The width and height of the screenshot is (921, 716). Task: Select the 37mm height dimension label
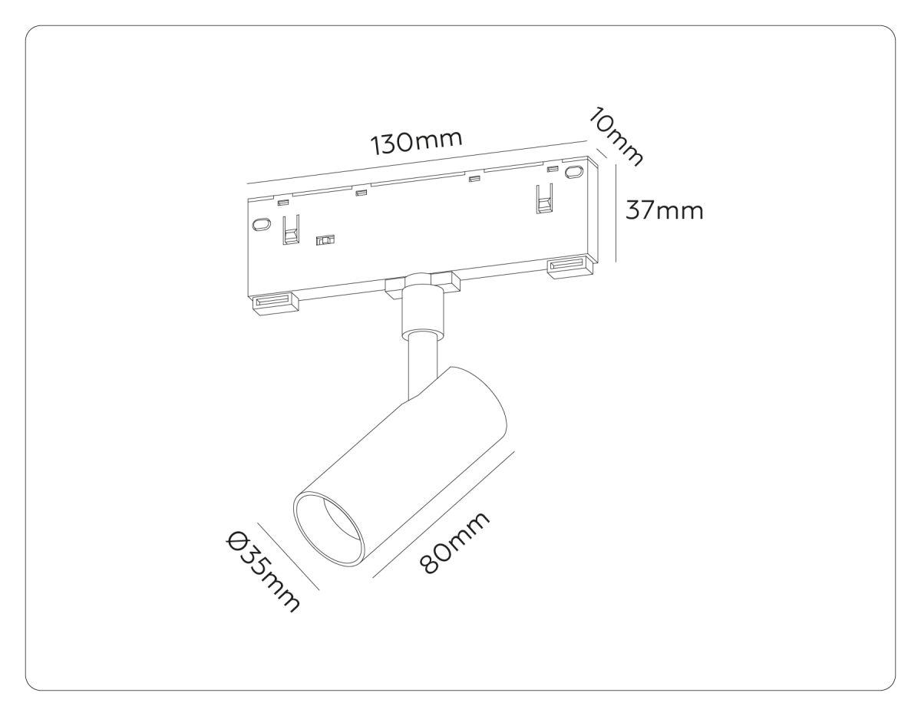pyautogui.click(x=664, y=209)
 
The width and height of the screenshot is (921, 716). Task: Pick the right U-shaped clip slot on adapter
pyautogui.click(x=544, y=200)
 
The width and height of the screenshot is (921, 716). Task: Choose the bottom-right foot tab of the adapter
pyautogui.click(x=569, y=266)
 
